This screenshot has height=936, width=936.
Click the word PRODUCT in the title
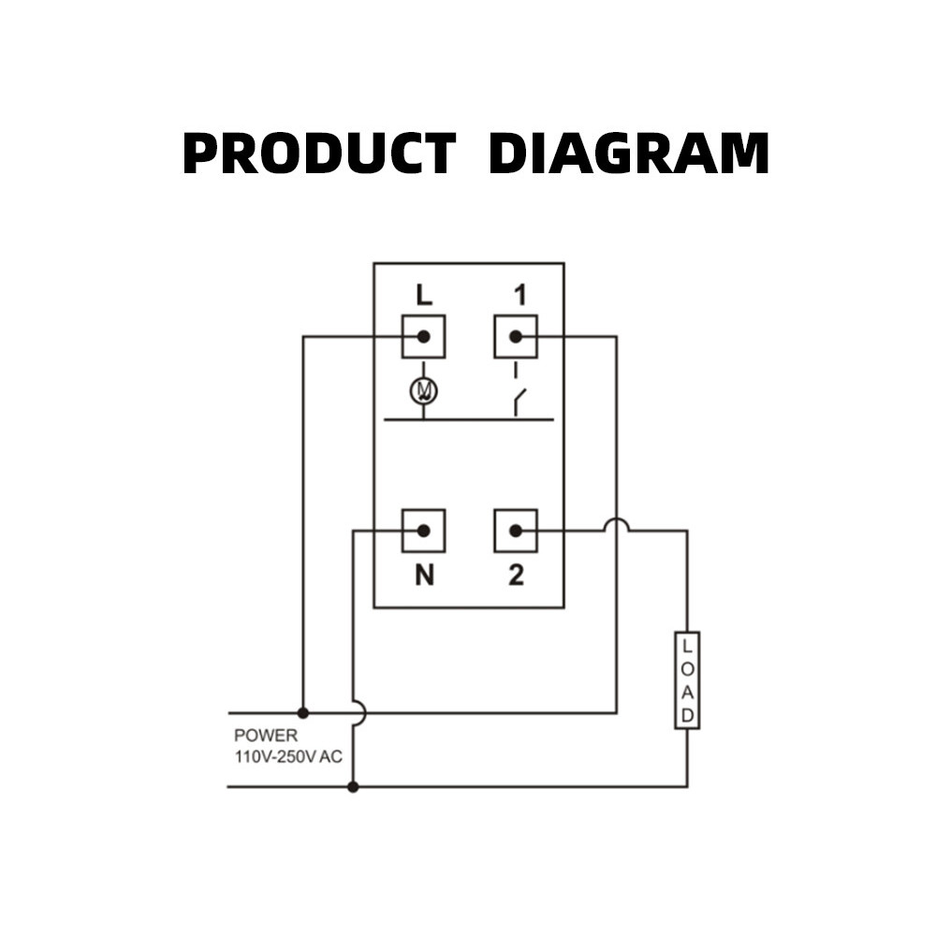point(318,154)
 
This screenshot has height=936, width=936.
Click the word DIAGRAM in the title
point(628,154)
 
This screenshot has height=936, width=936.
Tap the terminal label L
point(424,296)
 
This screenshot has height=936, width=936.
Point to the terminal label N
point(424,576)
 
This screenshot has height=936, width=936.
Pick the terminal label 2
point(516,576)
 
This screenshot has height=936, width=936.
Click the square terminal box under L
point(423,336)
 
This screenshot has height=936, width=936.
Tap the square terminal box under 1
point(516,336)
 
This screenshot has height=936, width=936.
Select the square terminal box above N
point(423,531)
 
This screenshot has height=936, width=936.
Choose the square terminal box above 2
point(516,531)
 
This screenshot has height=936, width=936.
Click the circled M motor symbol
point(424,390)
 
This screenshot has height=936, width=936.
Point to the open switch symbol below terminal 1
point(518,401)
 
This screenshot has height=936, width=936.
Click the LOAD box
point(687,680)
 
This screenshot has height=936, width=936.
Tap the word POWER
point(266,736)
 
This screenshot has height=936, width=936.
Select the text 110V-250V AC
point(288,756)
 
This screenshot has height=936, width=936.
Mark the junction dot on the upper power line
point(302,712)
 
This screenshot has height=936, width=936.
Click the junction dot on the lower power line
point(353,787)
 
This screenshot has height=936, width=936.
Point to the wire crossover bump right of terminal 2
point(616,524)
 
